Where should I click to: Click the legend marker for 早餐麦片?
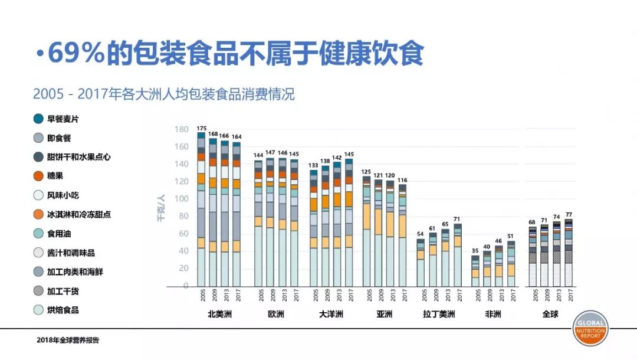coord(38,119)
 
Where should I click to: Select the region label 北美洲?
coord(219,314)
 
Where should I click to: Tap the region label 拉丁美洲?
coord(439,314)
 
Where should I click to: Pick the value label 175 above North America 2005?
coord(201,128)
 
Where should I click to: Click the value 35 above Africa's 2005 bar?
coord(475,251)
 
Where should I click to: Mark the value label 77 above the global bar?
coord(569,215)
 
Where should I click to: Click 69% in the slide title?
coord(75,54)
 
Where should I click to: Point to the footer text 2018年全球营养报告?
coord(68,340)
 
